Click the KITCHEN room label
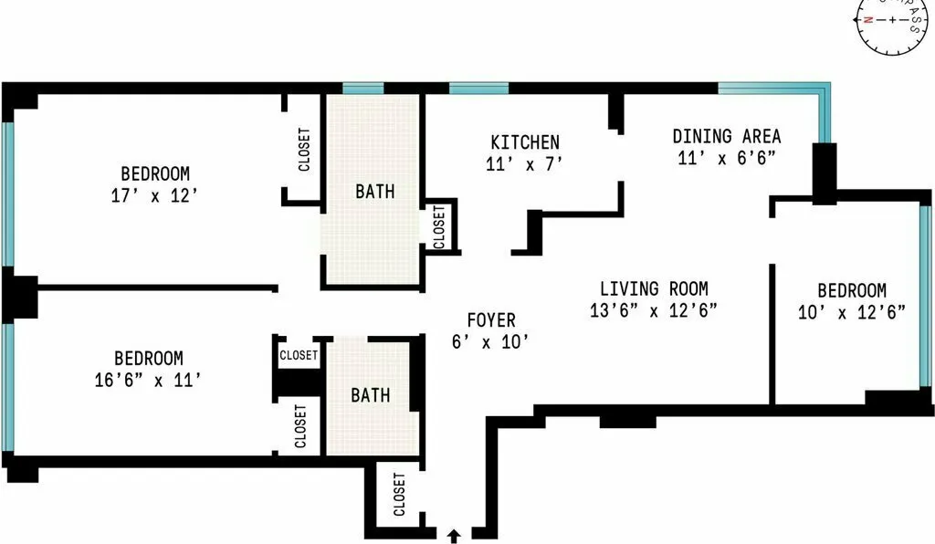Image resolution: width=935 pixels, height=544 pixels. (525, 142)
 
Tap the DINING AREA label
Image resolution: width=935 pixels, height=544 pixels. (727, 136)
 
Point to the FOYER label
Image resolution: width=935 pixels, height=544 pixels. (491, 320)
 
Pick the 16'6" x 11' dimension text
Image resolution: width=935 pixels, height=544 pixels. (148, 381)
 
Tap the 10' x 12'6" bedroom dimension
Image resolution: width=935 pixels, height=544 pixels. (851, 312)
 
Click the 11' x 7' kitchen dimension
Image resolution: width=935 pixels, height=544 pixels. (525, 164)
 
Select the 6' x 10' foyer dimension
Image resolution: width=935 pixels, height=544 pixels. (491, 342)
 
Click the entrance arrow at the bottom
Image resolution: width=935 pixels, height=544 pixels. (454, 535)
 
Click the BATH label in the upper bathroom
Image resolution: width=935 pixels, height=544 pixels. (375, 192)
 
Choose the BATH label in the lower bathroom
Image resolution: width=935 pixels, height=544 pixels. (371, 395)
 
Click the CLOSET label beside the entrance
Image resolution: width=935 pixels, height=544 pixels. (399, 495)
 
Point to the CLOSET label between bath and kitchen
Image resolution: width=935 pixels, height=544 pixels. (439, 226)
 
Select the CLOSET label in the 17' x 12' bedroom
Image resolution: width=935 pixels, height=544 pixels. (304, 150)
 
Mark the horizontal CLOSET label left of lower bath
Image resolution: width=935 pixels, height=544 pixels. (299, 355)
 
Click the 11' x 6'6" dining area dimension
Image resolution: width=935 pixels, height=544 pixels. (727, 158)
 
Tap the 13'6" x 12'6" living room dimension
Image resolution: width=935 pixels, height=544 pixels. (654, 309)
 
